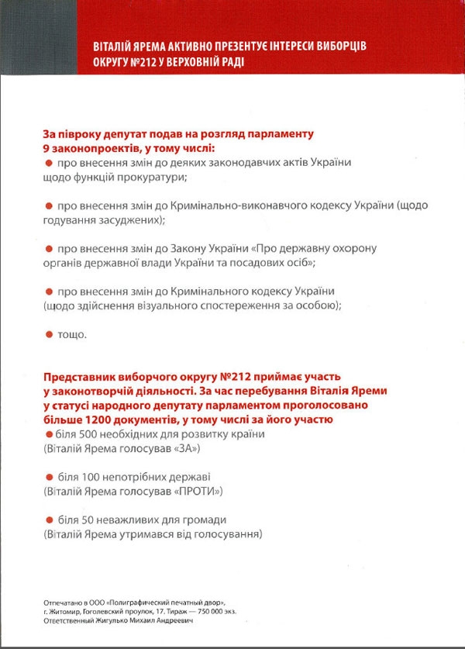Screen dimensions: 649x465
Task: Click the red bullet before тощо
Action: [x=48, y=334]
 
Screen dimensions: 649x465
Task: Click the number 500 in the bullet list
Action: [x=93, y=434]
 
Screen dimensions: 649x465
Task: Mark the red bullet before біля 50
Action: [x=48, y=520]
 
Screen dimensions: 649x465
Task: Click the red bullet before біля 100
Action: [x=48, y=477]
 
